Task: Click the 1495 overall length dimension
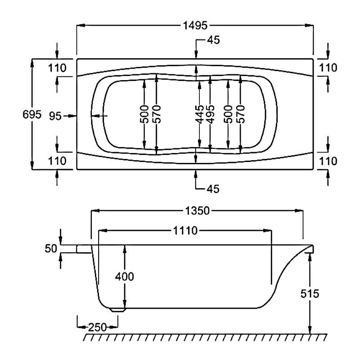pyautogui.click(x=195, y=26)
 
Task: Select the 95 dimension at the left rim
pyautogui.click(x=55, y=116)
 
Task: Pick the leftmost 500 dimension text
pyautogui.click(x=144, y=115)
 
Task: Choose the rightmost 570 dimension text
pyautogui.click(x=240, y=115)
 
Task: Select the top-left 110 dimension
pyautogui.click(x=57, y=68)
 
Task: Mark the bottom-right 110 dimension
pyautogui.click(x=328, y=161)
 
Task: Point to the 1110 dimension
pyautogui.click(x=184, y=231)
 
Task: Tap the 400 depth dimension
pyautogui.click(x=125, y=276)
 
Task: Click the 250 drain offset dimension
pyautogui.click(x=97, y=327)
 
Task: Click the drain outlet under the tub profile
pyautogui.click(x=118, y=310)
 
